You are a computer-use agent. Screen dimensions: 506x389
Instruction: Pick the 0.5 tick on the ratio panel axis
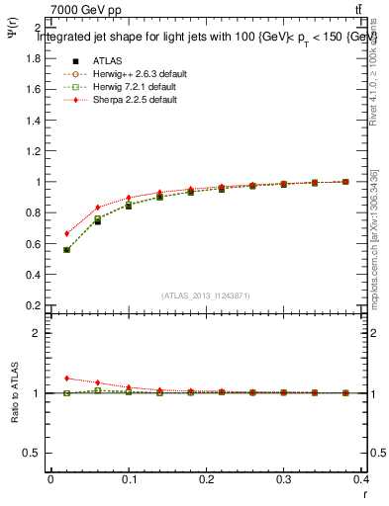point(32,453)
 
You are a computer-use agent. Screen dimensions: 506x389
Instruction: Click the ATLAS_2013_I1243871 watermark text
point(206,295)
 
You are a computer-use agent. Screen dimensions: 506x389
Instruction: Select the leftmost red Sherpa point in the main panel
point(66,234)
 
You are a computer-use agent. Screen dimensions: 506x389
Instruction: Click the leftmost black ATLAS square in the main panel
point(66,250)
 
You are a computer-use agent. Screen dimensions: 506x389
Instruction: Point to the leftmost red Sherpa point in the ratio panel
point(66,379)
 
